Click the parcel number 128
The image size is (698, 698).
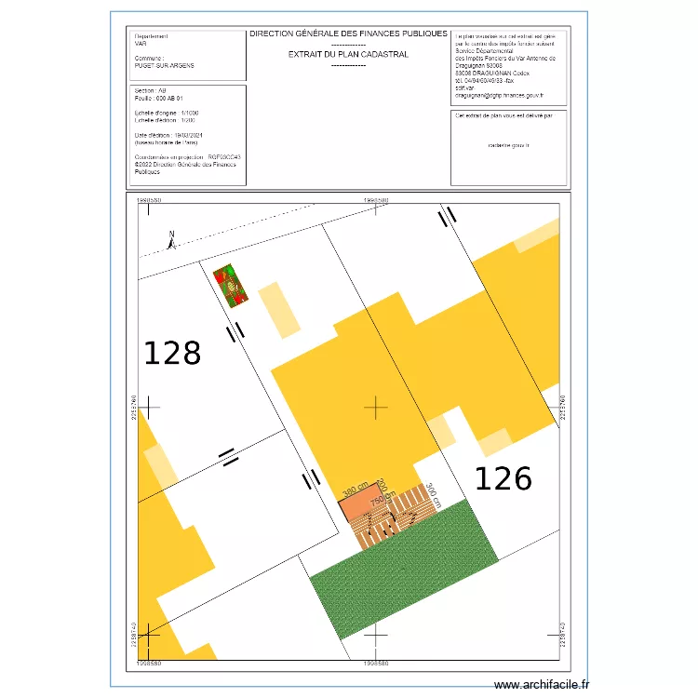tap(172, 354)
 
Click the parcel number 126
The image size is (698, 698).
tap(503, 478)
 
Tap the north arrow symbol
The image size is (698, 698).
tap(172, 241)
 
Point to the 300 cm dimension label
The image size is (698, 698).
tap(431, 492)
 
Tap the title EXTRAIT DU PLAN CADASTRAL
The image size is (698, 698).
tap(348, 55)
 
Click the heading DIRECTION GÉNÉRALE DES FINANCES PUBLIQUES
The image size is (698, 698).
tap(348, 34)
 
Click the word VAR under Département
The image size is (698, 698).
tap(141, 43)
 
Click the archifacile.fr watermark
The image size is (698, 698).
tap(542, 685)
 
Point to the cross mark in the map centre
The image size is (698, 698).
tap(376, 407)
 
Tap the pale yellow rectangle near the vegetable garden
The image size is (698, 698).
tap(279, 309)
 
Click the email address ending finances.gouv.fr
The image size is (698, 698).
tap(499, 96)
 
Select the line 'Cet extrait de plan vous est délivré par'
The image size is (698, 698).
tap(503, 116)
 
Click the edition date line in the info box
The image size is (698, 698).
tap(168, 136)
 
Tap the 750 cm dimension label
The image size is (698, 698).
tap(378, 502)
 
